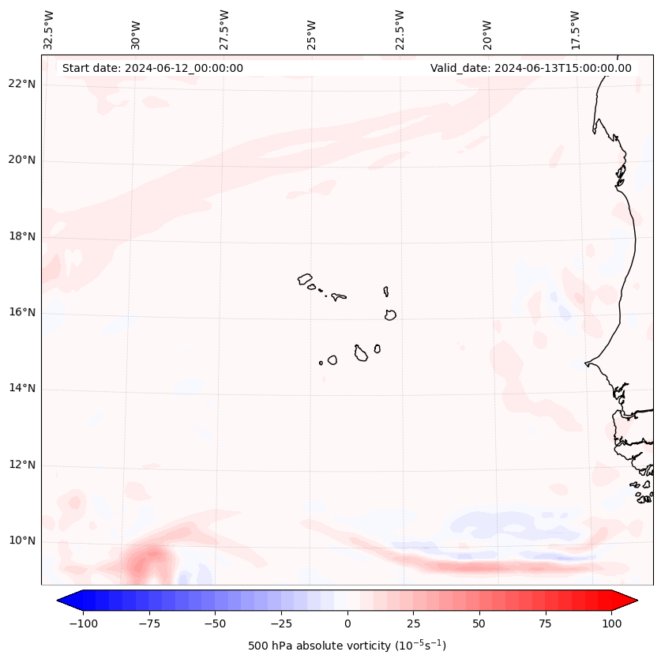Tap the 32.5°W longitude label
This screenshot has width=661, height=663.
49,30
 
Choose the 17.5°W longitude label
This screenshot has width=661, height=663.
575,30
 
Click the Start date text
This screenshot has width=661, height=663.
152,68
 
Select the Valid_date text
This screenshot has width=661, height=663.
531,68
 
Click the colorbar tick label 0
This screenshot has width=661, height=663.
347,623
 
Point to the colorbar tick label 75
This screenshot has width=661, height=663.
545,623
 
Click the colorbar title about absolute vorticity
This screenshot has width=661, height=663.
347,646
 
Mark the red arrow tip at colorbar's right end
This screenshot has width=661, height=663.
636,601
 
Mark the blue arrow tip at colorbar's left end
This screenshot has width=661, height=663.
59,601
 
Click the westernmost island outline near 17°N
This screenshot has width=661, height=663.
305,279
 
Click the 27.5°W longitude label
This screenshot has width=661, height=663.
224,30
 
